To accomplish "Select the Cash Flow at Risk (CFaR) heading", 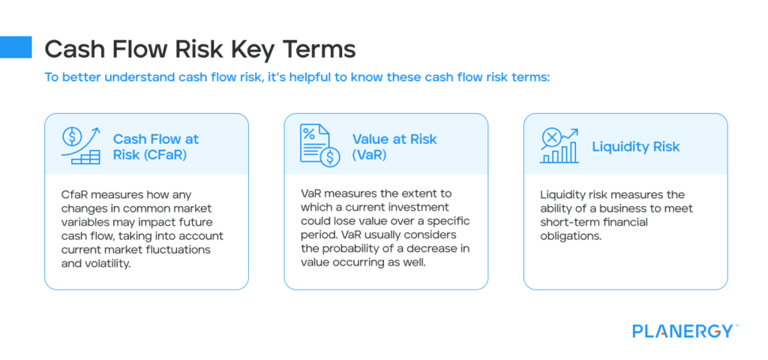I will (156, 146).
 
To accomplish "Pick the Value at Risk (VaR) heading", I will (394, 146).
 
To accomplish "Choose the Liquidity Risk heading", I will (636, 146).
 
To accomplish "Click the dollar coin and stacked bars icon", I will (80, 145).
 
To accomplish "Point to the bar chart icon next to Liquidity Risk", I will (559, 145).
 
